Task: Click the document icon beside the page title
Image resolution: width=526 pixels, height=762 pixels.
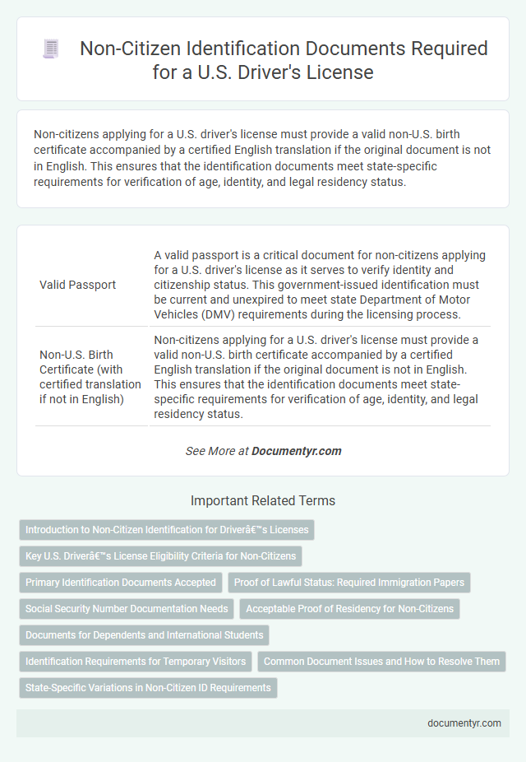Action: click(51, 49)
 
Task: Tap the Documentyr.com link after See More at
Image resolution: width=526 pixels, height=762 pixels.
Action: click(296, 451)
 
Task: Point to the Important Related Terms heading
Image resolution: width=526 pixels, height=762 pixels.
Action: click(263, 500)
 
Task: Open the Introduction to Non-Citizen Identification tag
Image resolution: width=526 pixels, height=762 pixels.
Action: click(167, 530)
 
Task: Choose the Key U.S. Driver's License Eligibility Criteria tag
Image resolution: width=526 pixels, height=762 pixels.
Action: click(160, 556)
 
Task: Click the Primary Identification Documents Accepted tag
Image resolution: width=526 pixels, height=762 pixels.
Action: click(121, 583)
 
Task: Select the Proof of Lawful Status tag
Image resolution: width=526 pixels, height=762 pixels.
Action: click(349, 583)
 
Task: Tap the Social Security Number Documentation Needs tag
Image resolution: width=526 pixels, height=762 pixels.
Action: click(127, 609)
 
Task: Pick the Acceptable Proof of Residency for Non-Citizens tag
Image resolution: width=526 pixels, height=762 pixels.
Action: click(349, 609)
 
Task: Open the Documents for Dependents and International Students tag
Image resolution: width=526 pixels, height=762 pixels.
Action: click(144, 635)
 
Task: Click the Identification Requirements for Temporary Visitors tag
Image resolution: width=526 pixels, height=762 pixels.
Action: click(135, 661)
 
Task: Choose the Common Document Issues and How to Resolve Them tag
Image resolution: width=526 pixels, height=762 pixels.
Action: click(381, 661)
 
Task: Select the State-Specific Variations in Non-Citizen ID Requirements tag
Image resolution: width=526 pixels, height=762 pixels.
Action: click(148, 687)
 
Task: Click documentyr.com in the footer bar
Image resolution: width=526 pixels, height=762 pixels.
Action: click(464, 723)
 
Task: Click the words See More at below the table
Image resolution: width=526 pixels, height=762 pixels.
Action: click(217, 451)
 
